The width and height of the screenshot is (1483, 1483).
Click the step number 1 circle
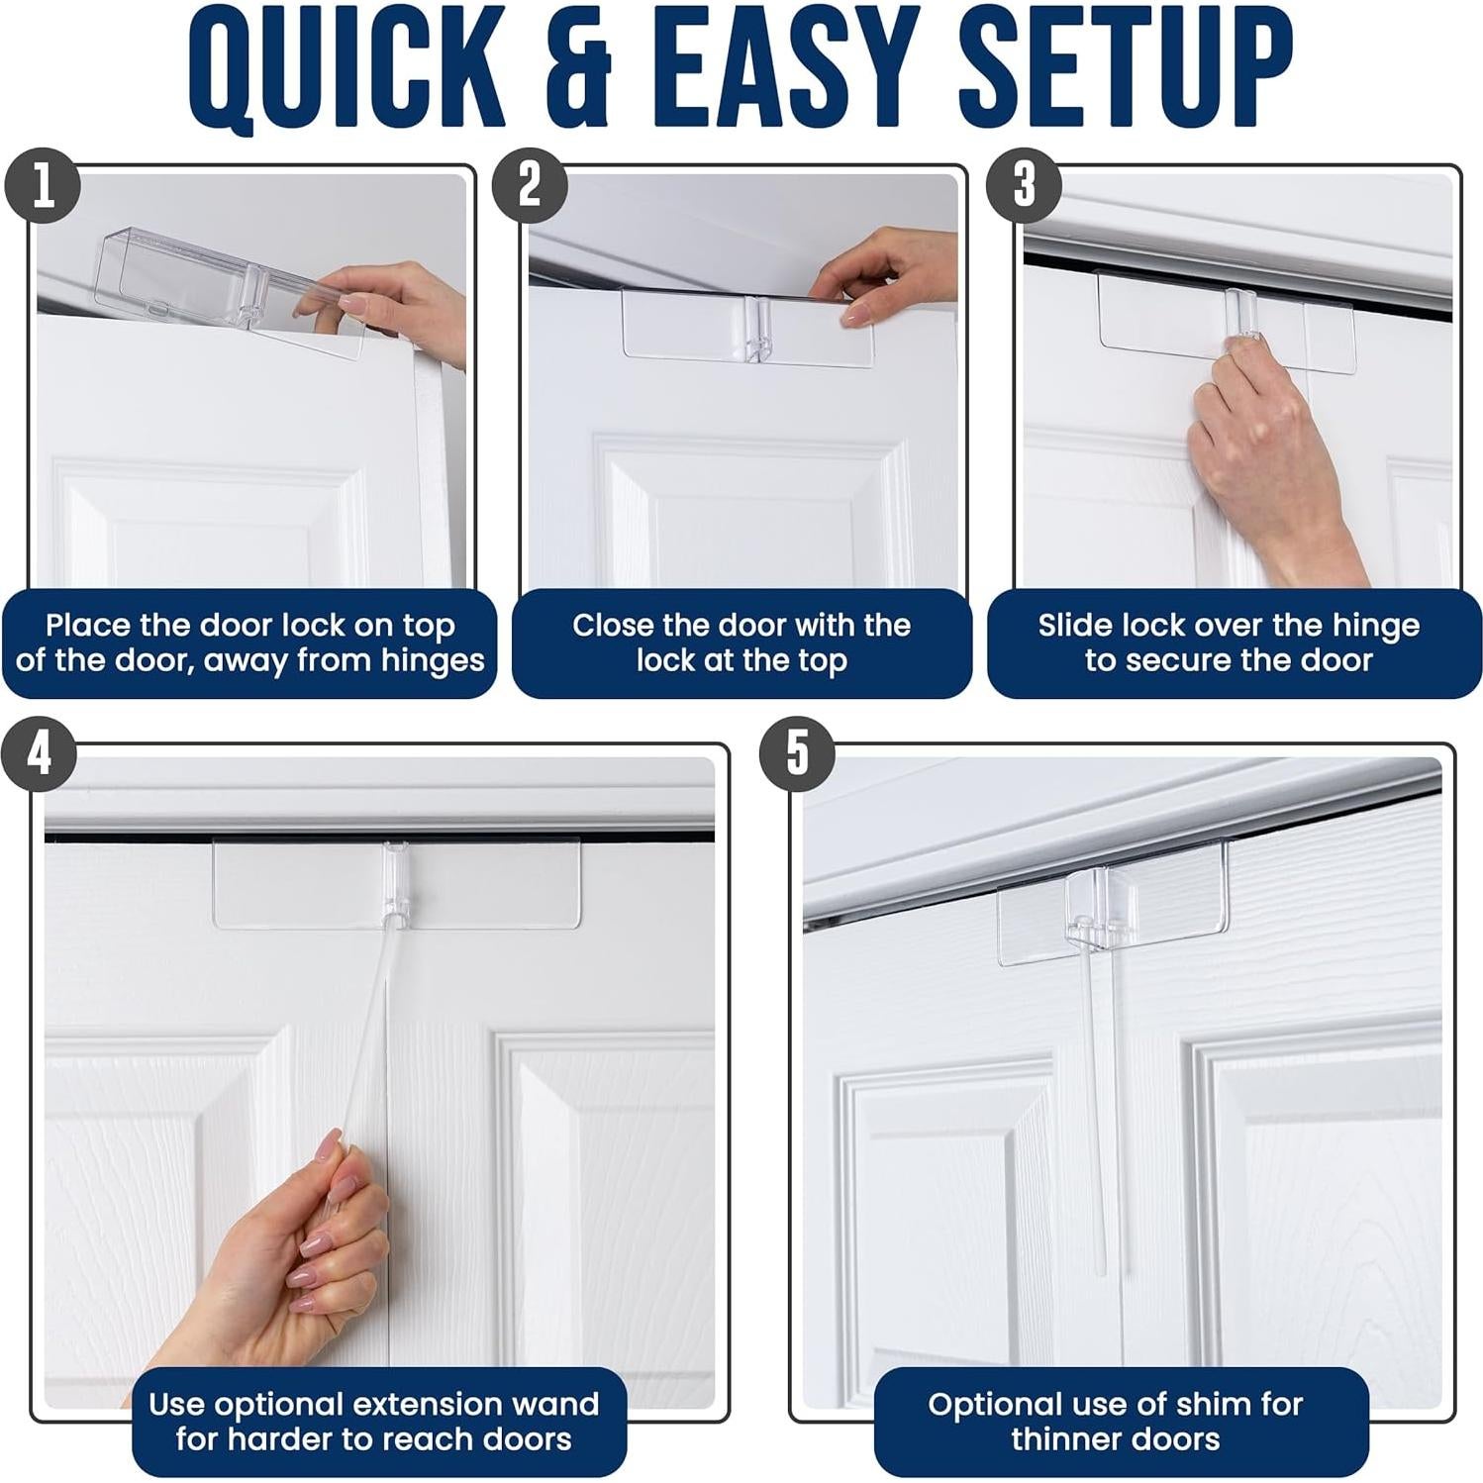pos(43,185)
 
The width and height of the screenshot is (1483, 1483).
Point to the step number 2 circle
pos(530,185)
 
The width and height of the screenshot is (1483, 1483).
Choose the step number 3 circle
pos(1024,185)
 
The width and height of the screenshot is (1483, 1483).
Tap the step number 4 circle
pos(39,755)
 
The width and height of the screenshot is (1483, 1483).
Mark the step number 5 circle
pos(797,754)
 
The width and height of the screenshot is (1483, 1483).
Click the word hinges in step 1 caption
pos(433,660)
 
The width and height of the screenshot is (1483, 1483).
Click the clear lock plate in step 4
pos(396,884)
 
